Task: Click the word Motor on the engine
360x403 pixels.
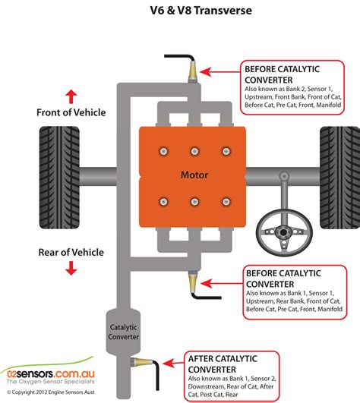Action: pos(194,175)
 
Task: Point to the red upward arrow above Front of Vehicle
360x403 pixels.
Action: pos(71,96)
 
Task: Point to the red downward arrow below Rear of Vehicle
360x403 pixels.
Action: pos(71,268)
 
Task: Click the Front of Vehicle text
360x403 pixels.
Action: pos(71,112)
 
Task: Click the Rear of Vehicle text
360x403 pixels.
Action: pos(71,252)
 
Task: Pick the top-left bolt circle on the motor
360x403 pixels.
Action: pos(162,149)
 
